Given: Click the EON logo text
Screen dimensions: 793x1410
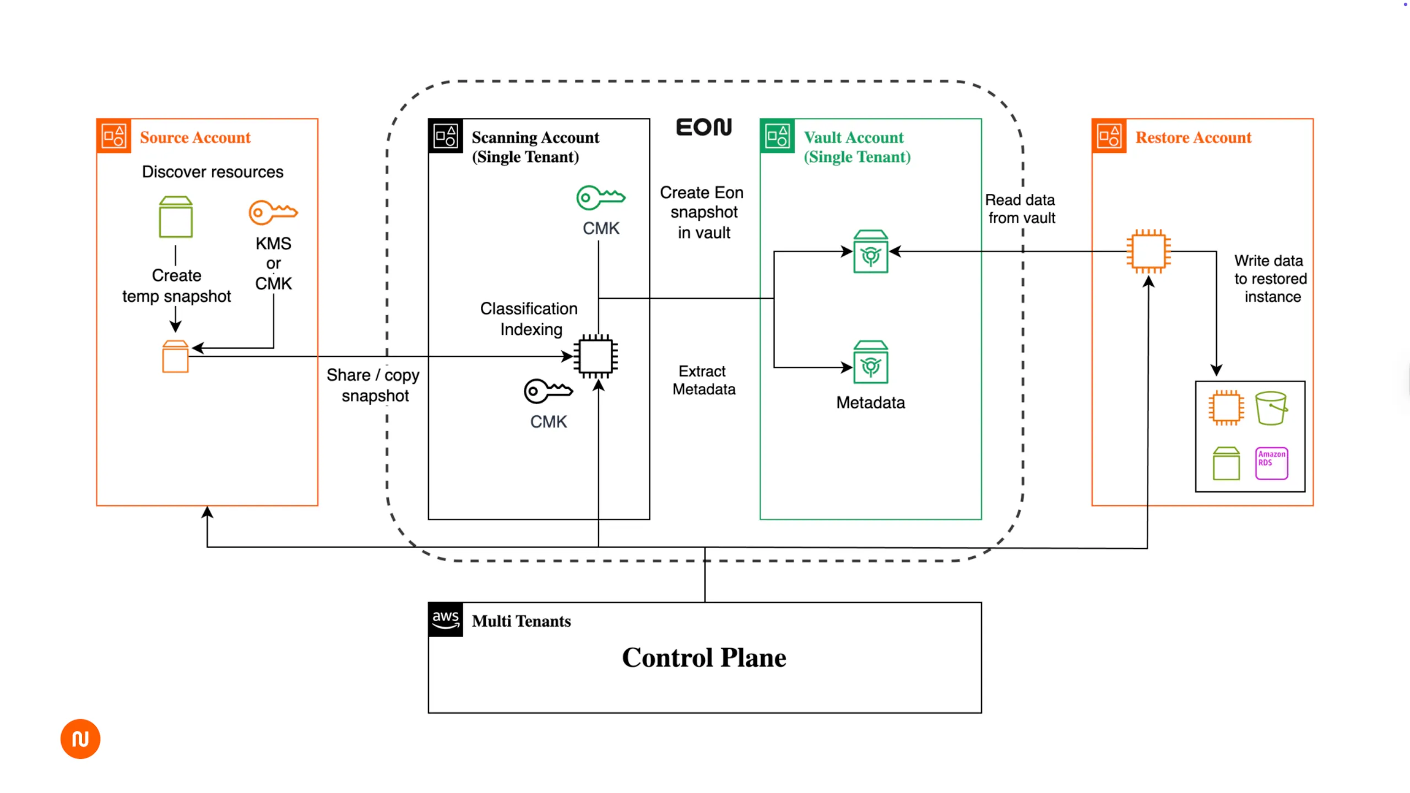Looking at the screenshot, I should (704, 127).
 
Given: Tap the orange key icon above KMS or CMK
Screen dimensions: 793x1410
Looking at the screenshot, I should (273, 212).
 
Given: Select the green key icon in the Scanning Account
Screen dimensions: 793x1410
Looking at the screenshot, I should (600, 197).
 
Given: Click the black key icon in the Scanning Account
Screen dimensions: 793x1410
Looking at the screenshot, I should (548, 391).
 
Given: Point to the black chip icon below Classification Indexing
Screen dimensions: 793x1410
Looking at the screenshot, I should (596, 356).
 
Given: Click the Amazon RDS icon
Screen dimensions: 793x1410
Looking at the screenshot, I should (1271, 463).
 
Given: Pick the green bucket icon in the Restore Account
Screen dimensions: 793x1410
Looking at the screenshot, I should (1271, 408).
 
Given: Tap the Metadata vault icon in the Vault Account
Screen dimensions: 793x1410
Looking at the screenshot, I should (870, 362).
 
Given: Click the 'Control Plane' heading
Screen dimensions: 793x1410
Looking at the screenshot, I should (704, 658).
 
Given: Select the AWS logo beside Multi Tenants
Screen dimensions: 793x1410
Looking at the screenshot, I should (446, 620).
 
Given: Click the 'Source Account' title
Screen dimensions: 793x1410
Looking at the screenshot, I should (195, 137).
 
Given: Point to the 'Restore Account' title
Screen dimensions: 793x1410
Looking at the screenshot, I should (1193, 137).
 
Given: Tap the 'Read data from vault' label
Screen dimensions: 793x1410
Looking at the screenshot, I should (1021, 209).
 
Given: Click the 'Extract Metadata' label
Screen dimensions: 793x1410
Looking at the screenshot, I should (703, 380).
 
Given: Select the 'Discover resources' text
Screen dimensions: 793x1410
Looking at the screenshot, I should (213, 172).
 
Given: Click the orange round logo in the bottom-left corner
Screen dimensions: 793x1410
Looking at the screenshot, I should (80, 738).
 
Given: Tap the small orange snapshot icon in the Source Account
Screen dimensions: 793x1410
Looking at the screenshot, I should (175, 356).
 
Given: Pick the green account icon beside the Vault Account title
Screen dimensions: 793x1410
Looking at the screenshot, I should (777, 136).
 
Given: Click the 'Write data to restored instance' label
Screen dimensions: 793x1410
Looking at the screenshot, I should (1270, 279).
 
